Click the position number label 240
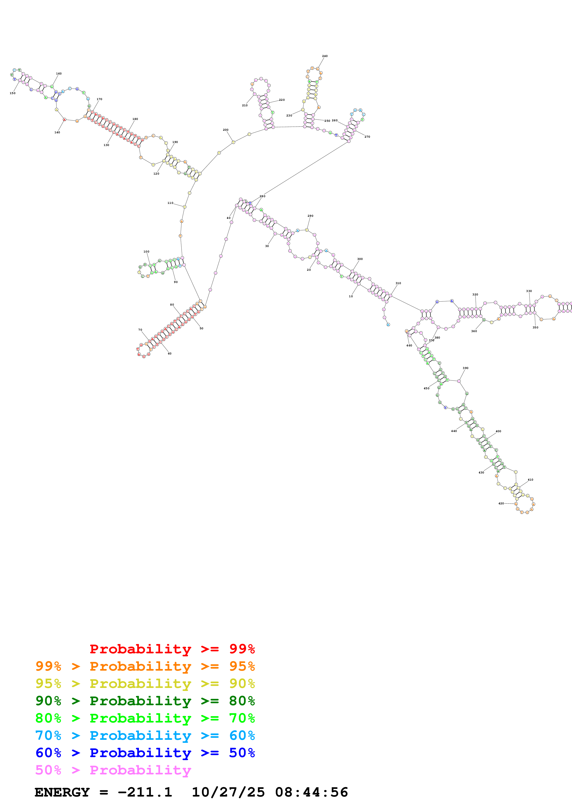[325, 56]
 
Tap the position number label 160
[59, 74]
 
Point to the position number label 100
[146, 252]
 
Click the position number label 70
[140, 330]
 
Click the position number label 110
[170, 203]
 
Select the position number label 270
[367, 137]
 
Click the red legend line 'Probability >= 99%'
[172, 649]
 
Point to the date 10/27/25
[228, 792]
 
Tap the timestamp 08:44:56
[311, 792]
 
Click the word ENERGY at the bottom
[62, 792]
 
